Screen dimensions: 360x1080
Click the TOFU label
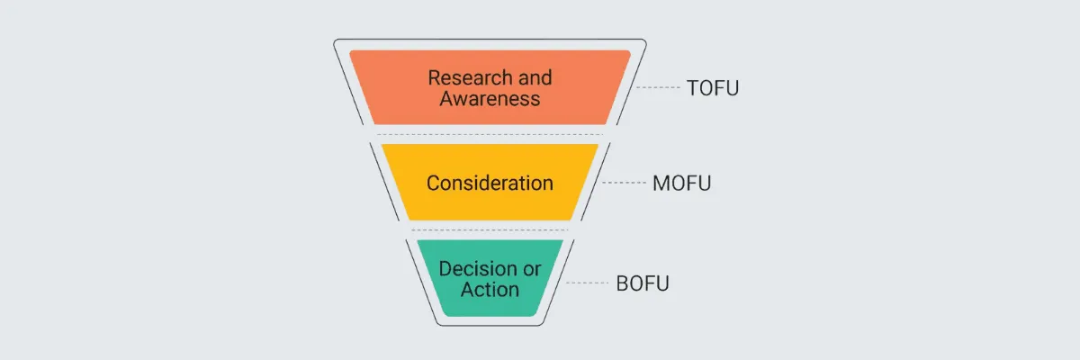click(x=713, y=88)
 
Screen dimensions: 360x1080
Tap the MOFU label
click(x=682, y=184)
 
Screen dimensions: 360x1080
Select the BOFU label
click(x=643, y=283)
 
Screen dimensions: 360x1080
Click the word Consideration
click(x=490, y=184)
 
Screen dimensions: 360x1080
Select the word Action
click(x=490, y=290)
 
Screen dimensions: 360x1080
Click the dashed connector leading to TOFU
click(x=658, y=87)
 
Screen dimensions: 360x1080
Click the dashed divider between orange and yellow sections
click(x=490, y=135)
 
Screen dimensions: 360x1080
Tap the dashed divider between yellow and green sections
click(x=490, y=230)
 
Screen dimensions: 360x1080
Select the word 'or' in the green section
click(x=532, y=269)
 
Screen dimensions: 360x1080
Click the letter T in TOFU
click(x=692, y=88)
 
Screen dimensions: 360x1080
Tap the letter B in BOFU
click(x=623, y=283)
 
